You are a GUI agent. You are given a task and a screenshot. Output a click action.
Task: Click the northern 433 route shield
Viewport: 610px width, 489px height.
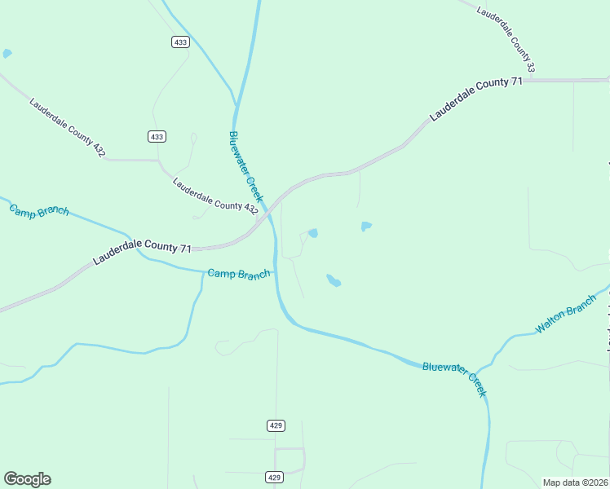pyautogui.click(x=180, y=42)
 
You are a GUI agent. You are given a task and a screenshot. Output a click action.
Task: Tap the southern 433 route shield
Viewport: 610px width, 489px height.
pyautogui.click(x=157, y=136)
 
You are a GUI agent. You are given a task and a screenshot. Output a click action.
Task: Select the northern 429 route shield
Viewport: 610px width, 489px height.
pyautogui.click(x=276, y=425)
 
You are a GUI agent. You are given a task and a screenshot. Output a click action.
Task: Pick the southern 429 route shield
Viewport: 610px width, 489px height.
pyautogui.click(x=276, y=477)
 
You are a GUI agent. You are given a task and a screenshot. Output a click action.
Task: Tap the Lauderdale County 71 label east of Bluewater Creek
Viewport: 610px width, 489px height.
pyautogui.click(x=475, y=99)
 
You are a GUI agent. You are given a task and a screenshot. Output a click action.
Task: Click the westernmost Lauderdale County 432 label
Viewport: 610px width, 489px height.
pyautogui.click(x=67, y=128)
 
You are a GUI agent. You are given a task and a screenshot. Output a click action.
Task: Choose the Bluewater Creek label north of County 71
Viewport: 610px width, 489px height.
pyautogui.click(x=246, y=167)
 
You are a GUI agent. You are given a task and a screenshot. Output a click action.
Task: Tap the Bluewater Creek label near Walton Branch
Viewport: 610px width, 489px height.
pyautogui.click(x=454, y=379)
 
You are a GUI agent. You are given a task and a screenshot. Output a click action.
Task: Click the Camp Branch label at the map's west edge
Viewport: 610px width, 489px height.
pyautogui.click(x=39, y=209)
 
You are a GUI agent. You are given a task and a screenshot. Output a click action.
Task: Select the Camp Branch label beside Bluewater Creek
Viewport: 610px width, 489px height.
pyautogui.click(x=238, y=274)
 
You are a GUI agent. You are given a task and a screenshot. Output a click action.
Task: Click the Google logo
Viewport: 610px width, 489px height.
pyautogui.click(x=27, y=479)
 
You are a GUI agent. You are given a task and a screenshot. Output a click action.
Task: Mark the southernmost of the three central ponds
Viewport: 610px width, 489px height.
pyautogui.click(x=334, y=281)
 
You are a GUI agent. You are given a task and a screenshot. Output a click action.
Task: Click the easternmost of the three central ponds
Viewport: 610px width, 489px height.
pyautogui.click(x=366, y=226)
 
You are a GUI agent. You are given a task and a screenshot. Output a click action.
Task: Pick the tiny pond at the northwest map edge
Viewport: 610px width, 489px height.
pyautogui.click(x=7, y=54)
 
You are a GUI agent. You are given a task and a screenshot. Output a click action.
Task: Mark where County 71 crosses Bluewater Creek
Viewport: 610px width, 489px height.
pyautogui.click(x=267, y=219)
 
